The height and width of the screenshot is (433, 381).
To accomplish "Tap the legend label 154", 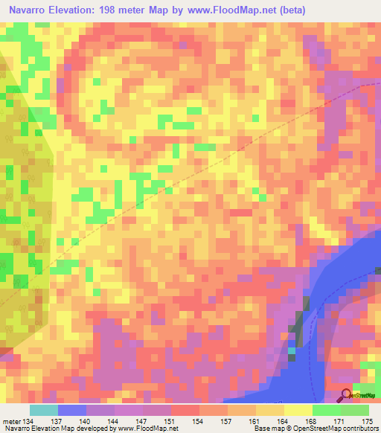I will point(199,420).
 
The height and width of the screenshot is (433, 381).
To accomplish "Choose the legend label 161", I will point(255,420).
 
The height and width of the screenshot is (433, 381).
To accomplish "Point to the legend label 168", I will point(312,420).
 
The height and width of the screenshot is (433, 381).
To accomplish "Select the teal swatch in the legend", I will point(44,410).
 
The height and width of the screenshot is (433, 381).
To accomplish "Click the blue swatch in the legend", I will point(72,410).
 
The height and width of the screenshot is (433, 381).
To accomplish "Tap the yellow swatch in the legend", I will point(298,410).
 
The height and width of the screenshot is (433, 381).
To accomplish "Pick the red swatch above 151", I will point(185,410).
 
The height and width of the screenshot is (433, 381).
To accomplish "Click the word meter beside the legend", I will point(13,420).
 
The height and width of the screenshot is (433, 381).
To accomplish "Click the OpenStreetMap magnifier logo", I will point(347,395).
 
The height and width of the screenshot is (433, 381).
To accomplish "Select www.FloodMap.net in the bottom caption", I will point(147,429).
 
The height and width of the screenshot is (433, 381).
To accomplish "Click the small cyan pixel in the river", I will point(292,350).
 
